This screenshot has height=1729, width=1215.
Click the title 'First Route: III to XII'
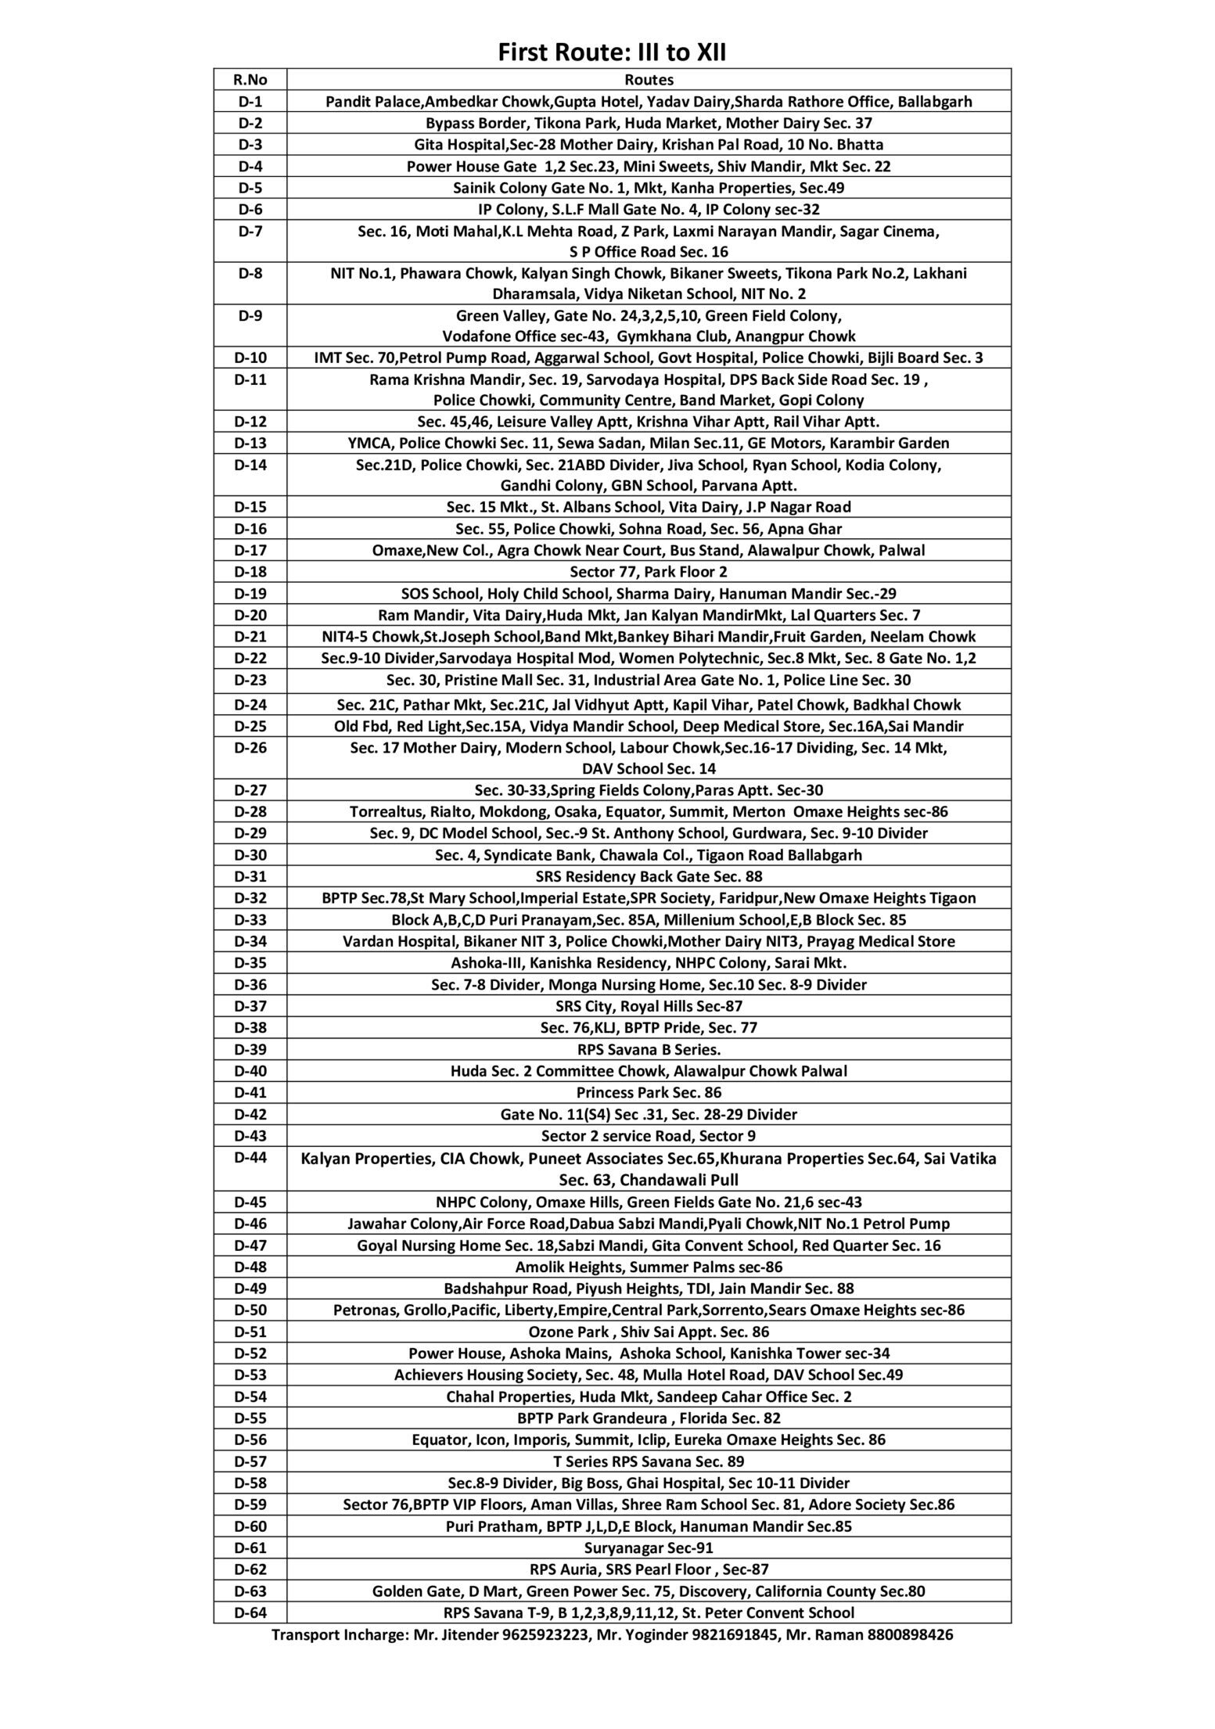[613, 53]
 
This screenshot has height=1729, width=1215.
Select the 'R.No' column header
[250, 80]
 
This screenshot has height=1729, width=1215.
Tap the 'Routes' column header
[649, 80]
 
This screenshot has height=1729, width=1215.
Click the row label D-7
[250, 232]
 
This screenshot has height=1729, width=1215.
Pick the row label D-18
[250, 572]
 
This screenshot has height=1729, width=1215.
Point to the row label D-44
[250, 1158]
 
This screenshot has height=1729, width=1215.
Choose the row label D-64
[250, 1612]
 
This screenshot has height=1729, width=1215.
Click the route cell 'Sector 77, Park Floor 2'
[649, 572]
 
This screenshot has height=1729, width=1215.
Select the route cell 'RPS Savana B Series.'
[649, 1049]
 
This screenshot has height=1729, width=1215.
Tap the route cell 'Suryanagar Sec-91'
[649, 1547]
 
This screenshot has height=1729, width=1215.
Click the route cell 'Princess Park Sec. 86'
[649, 1092]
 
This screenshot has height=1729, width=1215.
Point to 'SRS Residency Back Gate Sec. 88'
[649, 876]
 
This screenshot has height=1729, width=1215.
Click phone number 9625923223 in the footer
[548, 1634]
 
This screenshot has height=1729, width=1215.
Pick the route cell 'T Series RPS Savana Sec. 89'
[649, 1461]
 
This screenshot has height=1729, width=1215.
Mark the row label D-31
[250, 876]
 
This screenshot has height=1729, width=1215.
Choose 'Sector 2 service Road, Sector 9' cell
[649, 1136]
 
